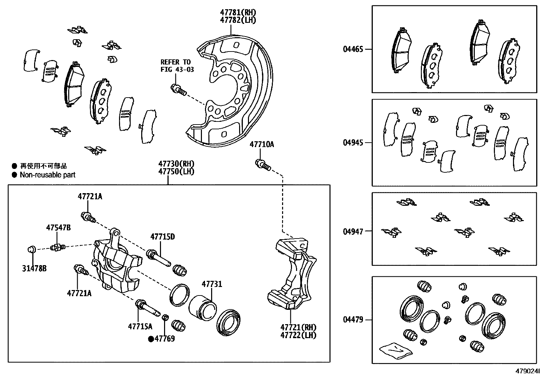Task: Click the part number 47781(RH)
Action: click(x=237, y=13)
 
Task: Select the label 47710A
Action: click(x=262, y=144)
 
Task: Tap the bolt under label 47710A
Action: click(x=263, y=165)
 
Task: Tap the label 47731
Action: click(x=211, y=284)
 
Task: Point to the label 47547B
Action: click(x=58, y=228)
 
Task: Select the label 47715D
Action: click(x=163, y=236)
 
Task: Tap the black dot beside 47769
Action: click(x=151, y=339)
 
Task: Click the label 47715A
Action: click(x=140, y=327)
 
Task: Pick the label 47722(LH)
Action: click(x=298, y=335)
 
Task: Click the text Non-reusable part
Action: click(x=47, y=175)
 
